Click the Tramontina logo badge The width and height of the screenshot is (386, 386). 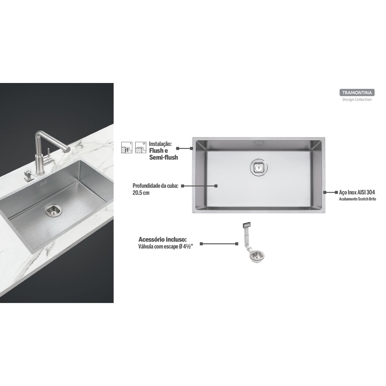tap(357, 93)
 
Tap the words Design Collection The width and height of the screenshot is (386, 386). tap(357, 99)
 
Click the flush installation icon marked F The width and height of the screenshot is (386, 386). tap(127, 148)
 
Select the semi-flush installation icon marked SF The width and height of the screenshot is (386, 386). tap(141, 148)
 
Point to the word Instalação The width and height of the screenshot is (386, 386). tap(160, 144)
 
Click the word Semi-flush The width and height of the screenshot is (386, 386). tap(163, 157)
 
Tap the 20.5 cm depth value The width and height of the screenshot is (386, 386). tap(141, 193)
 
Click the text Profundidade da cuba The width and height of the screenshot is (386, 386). tap(155, 186)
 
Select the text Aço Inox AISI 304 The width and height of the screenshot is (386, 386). tap(357, 192)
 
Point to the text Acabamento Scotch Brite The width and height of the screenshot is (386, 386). tap(357, 199)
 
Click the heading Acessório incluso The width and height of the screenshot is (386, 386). tap(163, 240)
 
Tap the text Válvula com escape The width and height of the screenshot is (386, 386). tap(158, 247)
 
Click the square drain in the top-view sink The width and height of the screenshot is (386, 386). tap(259, 167)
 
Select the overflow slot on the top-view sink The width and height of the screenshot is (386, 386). tap(259, 142)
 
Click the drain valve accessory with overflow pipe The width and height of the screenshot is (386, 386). tap(252, 242)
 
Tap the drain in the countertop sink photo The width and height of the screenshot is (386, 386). tap(54, 210)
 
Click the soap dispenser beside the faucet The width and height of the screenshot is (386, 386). tap(27, 175)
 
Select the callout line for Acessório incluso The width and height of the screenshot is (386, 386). tap(219, 244)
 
